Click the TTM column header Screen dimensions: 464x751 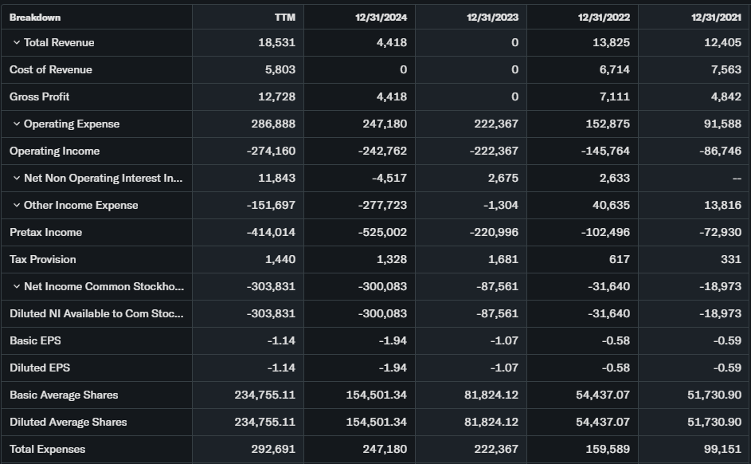284,17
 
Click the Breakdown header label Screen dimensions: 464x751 35,17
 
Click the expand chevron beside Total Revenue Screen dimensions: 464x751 16,43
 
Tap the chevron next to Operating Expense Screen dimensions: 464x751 16,124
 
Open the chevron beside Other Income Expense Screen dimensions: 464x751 16,206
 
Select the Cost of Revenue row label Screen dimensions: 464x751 51,70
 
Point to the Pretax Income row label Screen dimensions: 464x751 45,233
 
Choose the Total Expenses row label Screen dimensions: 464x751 47,450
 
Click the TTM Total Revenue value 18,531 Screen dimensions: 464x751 276,43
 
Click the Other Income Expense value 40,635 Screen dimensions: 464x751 611,206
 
